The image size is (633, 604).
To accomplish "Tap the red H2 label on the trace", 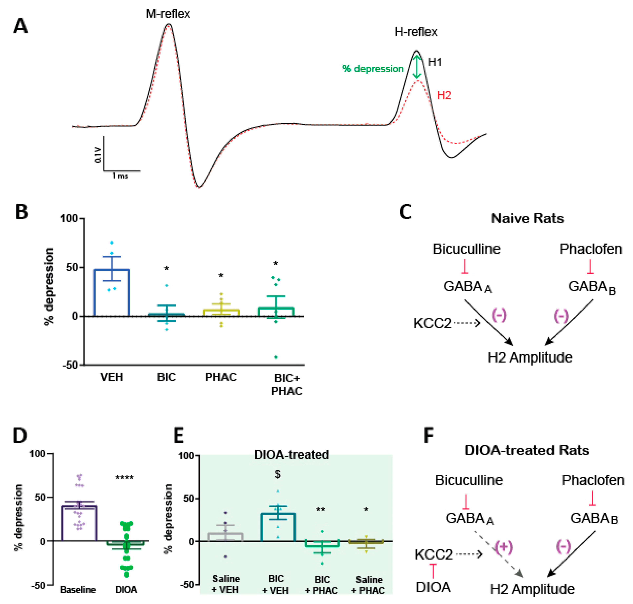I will coord(444,95).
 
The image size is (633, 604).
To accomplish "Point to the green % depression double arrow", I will coord(417,67).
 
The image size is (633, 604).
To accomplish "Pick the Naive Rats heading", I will coord(527,219).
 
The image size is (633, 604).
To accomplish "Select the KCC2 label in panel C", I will coord(432,323).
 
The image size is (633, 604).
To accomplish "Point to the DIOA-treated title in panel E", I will coord(291,455).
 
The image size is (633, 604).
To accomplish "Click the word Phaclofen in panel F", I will coord(593,481).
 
